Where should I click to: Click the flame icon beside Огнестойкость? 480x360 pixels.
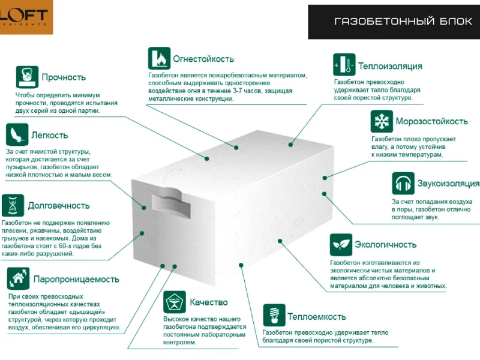point(159,58)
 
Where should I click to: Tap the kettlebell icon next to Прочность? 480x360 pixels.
point(27,77)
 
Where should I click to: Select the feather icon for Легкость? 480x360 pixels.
point(17,134)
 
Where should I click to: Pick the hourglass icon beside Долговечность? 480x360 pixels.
point(13,205)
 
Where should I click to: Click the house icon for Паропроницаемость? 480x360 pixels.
point(19,278)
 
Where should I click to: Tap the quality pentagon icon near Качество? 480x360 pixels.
point(175,302)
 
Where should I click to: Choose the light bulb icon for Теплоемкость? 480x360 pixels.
point(274,316)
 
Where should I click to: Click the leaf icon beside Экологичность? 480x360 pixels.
point(341,245)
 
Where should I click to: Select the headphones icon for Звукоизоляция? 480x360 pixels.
point(403,183)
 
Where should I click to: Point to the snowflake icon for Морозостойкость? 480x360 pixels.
point(382,121)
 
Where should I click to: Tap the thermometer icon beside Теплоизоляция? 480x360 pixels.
point(344,65)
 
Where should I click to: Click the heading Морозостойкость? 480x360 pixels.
point(431,121)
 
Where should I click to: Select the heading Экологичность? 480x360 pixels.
point(386,245)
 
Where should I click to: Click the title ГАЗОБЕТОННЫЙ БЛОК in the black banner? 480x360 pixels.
point(403,21)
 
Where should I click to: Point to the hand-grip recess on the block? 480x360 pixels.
point(171,202)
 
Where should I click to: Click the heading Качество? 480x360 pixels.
point(209,302)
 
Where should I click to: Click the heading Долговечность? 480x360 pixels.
point(59,205)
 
